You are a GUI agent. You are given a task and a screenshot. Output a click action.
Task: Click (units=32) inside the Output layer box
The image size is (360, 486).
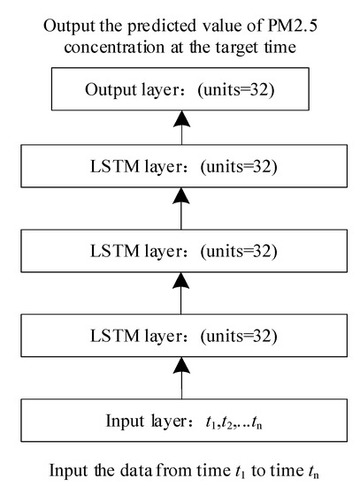(231, 91)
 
